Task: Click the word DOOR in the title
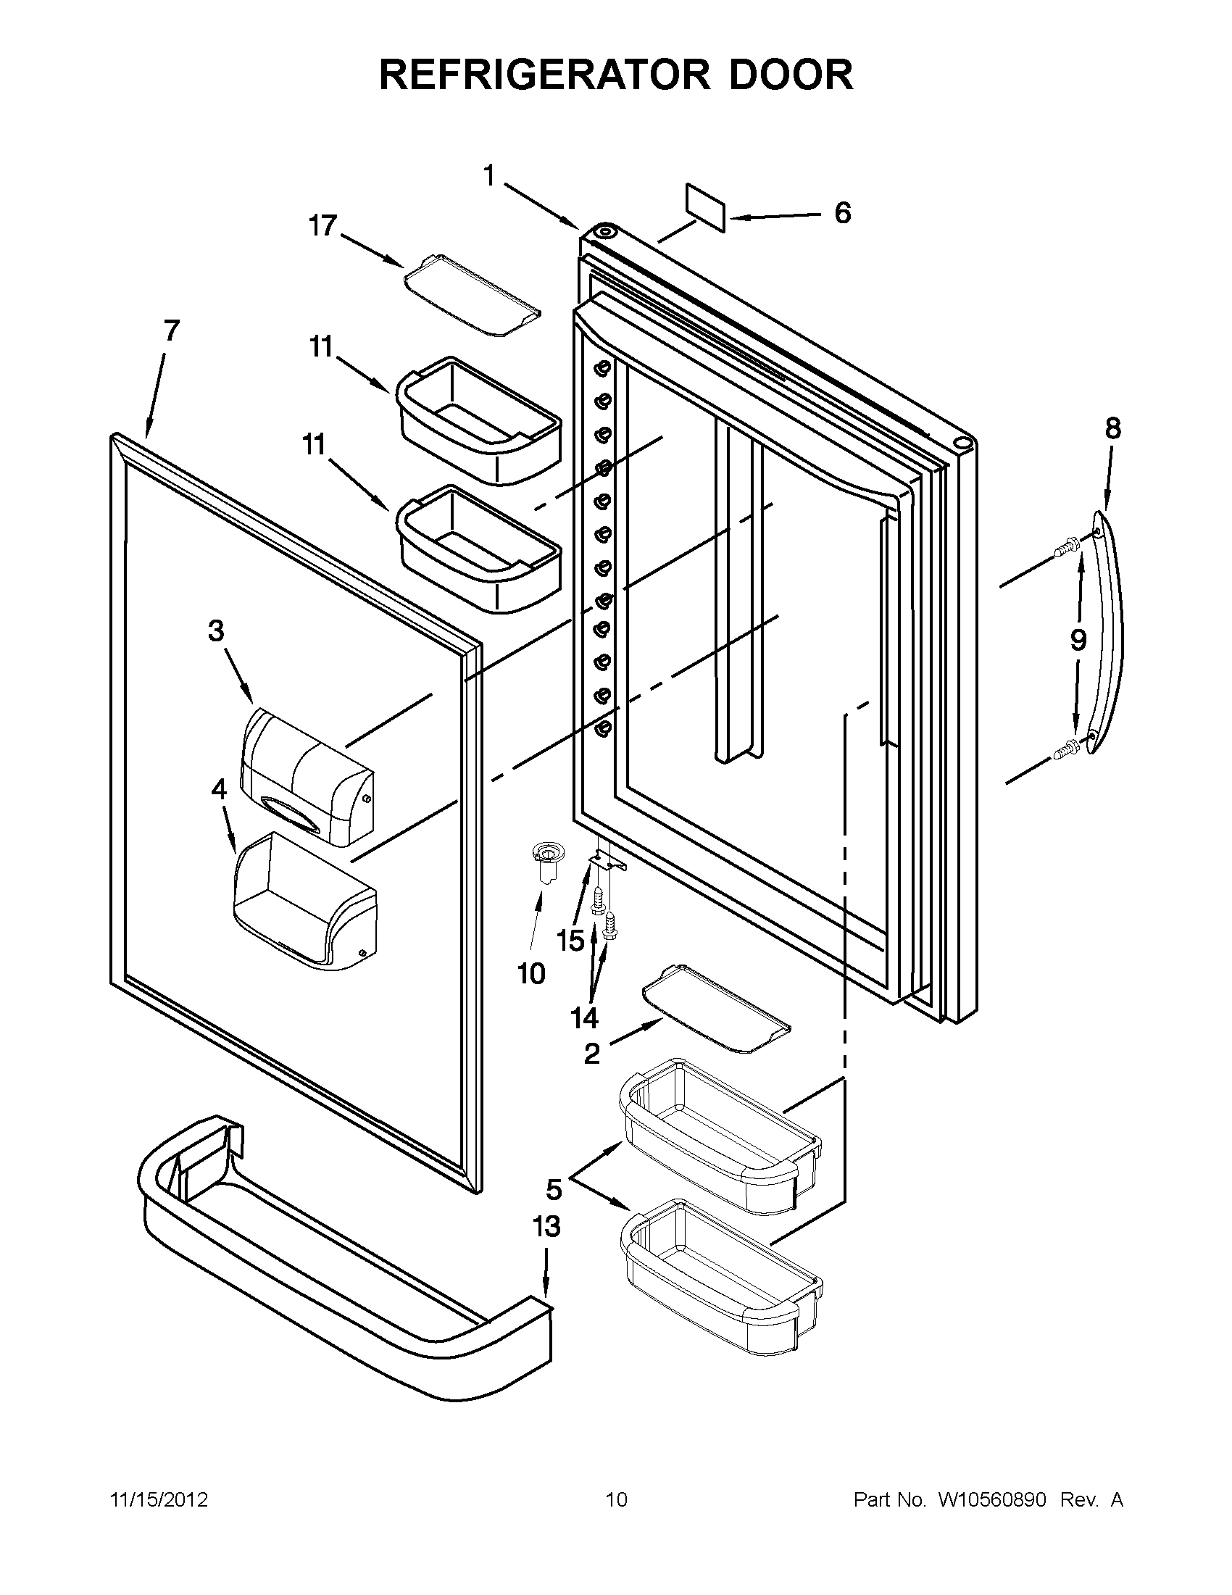click(791, 75)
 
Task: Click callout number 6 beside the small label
click(842, 213)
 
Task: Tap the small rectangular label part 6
click(704, 207)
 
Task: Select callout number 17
click(321, 225)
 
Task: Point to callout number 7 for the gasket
click(170, 331)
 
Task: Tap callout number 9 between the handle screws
click(1078, 640)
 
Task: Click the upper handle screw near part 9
click(1067, 546)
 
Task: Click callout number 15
click(570, 940)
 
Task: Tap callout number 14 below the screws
click(584, 1017)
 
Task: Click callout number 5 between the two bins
click(554, 1190)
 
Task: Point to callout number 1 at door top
click(488, 176)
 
